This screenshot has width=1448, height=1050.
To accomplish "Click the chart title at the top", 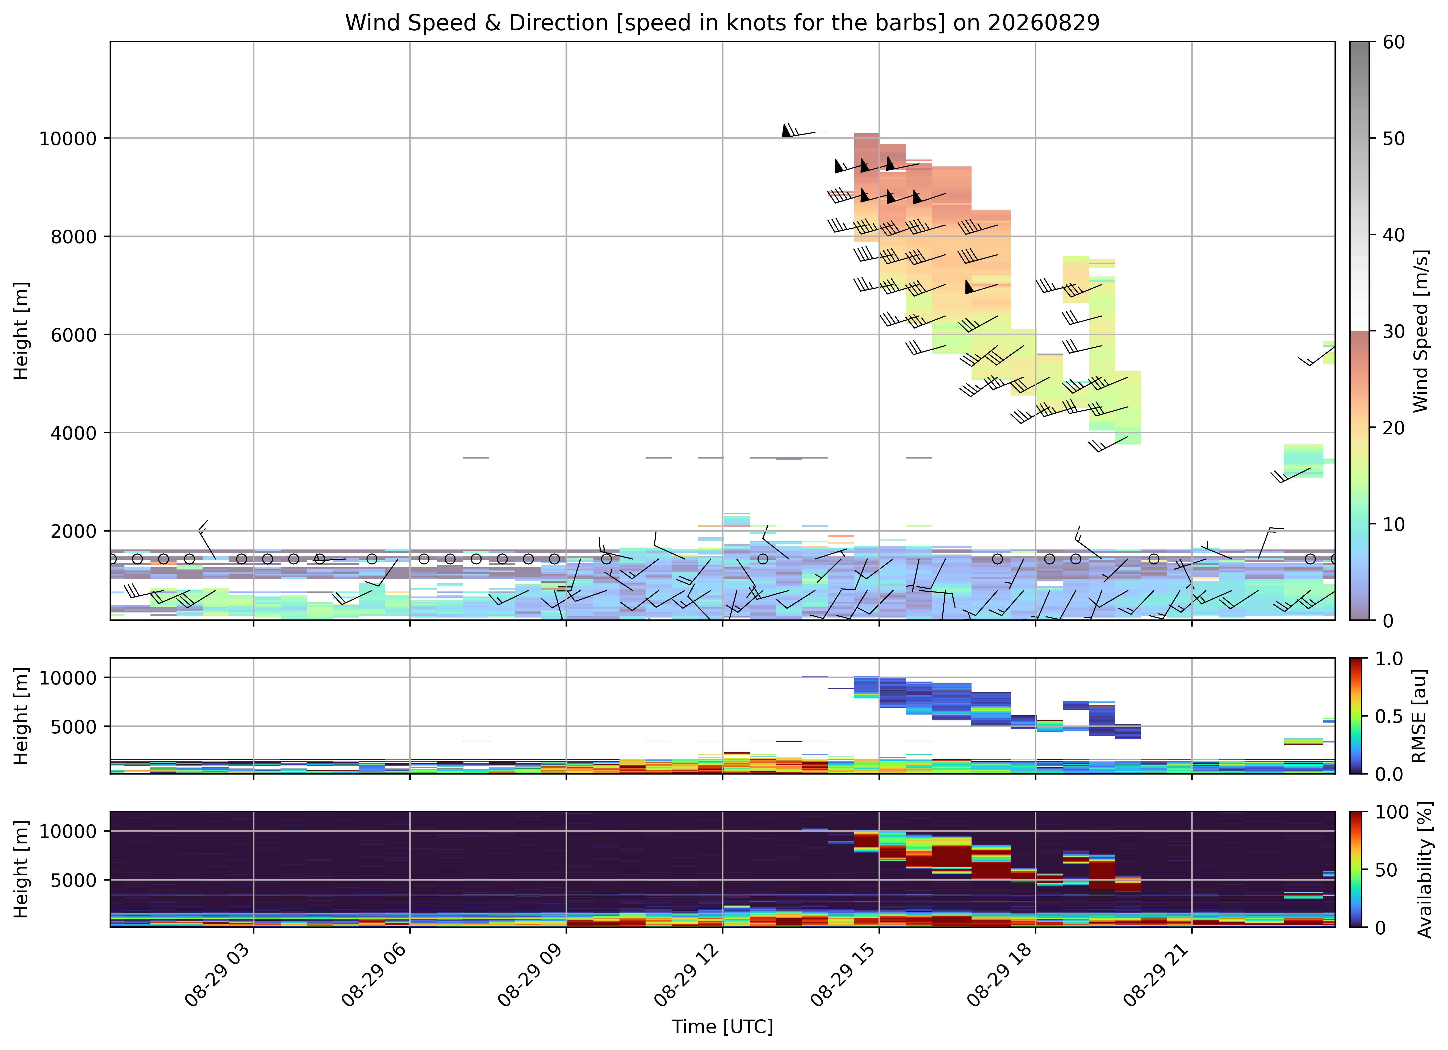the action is click(722, 23).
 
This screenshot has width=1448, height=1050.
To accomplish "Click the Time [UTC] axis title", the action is click(722, 1027).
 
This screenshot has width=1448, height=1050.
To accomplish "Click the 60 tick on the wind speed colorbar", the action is click(1394, 42).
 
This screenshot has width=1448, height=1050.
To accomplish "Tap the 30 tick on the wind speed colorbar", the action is click(1394, 331).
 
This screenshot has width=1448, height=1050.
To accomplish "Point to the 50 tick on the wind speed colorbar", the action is click(1394, 138).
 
